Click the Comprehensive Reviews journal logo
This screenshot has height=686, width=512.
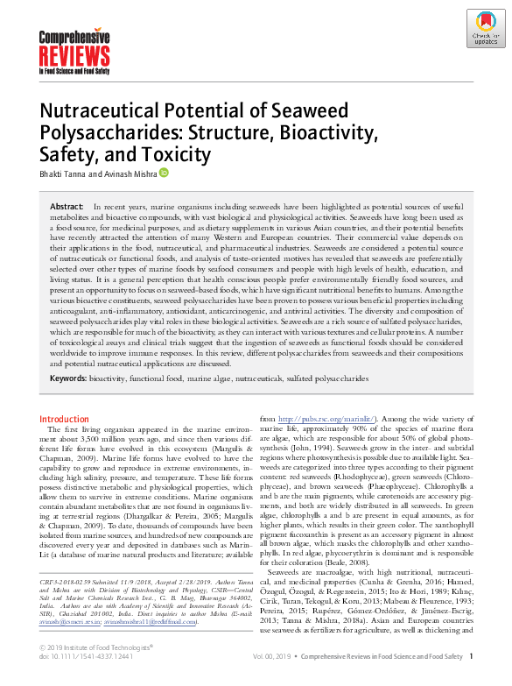[74, 49]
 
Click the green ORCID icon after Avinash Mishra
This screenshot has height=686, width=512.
[163, 173]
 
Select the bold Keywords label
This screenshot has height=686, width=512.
[68, 378]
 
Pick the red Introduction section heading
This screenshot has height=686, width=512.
[65, 420]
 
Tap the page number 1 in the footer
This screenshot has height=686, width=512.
[472, 655]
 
